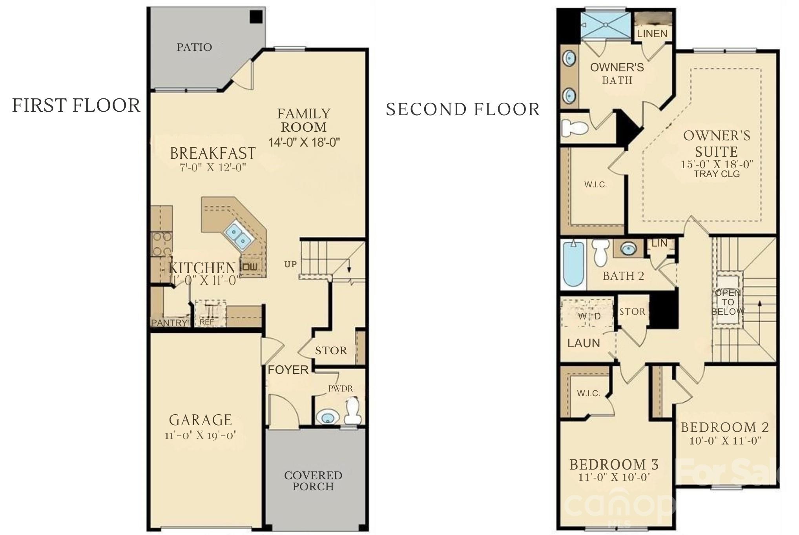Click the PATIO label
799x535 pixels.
tap(194, 47)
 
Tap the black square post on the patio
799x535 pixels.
tap(256, 17)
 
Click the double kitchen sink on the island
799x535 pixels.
tap(238, 235)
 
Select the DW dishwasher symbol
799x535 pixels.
tap(250, 267)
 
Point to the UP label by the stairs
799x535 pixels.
tap(290, 264)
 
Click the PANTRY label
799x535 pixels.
tap(169, 323)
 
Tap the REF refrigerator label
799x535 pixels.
tap(207, 322)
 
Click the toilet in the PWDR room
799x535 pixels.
tap(352, 410)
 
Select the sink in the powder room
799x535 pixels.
tap(328, 417)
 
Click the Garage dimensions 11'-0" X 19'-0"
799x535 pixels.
tap(201, 435)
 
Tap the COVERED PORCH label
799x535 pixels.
tap(313, 481)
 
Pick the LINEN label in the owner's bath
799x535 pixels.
tap(652, 34)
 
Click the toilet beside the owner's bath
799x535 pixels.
tap(575, 127)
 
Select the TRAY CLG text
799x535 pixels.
tap(717, 174)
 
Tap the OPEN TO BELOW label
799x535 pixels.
tap(728, 302)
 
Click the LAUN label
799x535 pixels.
tap(584, 343)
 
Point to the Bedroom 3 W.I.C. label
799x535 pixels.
tap(588, 394)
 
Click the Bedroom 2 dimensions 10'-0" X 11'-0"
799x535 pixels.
tap(725, 441)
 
